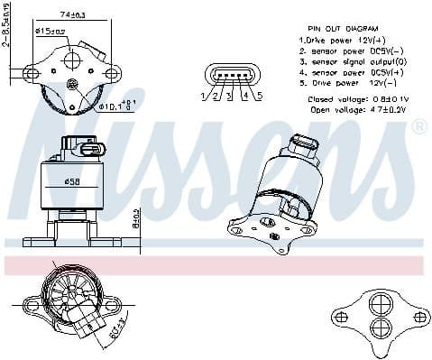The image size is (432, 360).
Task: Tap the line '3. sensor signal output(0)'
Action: pyautogui.click(x=353, y=62)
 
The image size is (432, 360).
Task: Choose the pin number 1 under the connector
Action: pyautogui.click(x=205, y=96)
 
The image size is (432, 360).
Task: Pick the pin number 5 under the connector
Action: pyautogui.click(x=258, y=96)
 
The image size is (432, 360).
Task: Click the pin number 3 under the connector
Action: pyautogui.click(x=232, y=96)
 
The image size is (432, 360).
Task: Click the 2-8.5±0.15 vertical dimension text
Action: pyautogui.click(x=6, y=25)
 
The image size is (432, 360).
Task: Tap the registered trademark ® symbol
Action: pyautogui.click(x=418, y=126)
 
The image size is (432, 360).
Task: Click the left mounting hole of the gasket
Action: pyautogui.click(x=341, y=317)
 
